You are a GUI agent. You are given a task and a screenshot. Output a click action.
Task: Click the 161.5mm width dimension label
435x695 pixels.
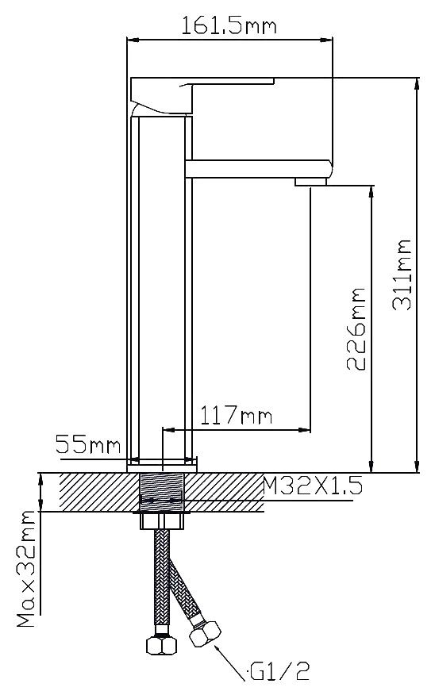229,26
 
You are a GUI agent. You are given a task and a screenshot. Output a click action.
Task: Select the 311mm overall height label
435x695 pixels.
402,275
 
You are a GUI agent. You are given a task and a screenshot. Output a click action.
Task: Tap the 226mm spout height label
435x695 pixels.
356,328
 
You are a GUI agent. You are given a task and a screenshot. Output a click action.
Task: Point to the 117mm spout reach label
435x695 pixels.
236,416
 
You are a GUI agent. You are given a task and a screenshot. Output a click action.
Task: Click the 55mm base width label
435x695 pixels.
88,443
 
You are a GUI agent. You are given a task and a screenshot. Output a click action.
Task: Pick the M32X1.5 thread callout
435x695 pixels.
313,486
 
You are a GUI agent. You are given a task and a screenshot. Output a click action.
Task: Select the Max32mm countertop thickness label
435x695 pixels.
26,569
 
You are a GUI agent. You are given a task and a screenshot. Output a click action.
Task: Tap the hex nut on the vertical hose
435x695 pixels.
161,644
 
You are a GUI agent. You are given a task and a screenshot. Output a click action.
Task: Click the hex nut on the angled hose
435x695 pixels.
205,633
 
